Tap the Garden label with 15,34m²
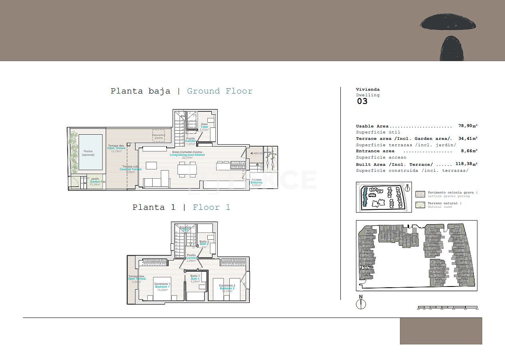tap(95, 181)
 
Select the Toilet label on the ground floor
tap(204, 127)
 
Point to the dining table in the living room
tap(187, 170)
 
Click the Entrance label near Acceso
tap(256, 182)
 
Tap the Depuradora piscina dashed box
tap(159, 135)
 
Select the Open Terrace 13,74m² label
tap(116, 148)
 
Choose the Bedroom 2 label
tap(227, 288)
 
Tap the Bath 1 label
tap(195, 278)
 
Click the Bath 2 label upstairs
tap(204, 244)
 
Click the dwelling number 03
tap(362, 101)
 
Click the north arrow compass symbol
tap(361, 303)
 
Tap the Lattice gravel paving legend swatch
tap(420, 194)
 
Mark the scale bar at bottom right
tap(447, 308)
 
